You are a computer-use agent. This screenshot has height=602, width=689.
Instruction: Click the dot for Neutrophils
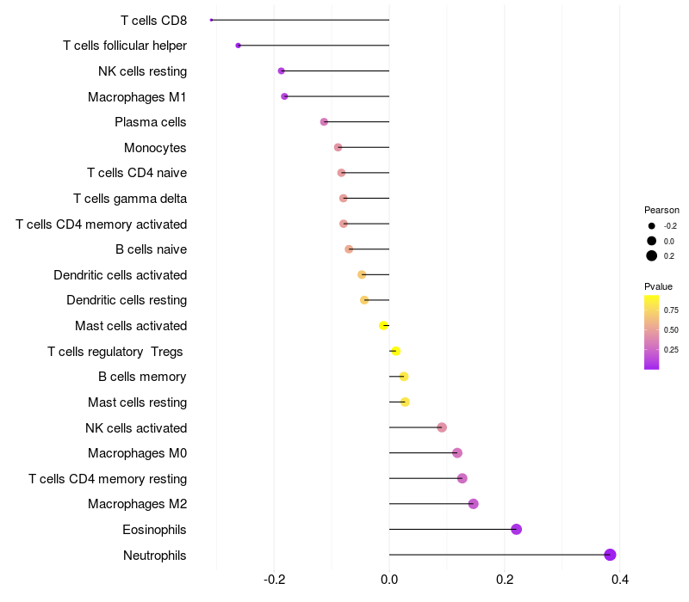point(610,555)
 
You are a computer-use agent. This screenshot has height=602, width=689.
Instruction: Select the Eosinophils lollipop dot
point(517,529)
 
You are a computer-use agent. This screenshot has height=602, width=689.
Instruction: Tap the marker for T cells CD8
point(212,20)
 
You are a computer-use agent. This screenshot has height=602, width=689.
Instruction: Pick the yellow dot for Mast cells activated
point(383,325)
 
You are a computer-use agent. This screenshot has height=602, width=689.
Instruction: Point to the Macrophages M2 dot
point(473,504)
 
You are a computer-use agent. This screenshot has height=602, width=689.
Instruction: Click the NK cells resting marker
point(281,71)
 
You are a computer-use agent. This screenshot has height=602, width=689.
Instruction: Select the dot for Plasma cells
point(324,122)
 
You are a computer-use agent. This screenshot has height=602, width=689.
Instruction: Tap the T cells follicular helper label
point(125,46)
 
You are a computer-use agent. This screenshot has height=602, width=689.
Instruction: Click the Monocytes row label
point(155,148)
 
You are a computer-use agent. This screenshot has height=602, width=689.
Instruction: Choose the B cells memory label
point(142,377)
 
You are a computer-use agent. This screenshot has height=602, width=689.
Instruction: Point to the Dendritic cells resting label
point(127,300)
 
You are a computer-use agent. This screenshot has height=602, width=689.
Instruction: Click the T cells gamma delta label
point(130,199)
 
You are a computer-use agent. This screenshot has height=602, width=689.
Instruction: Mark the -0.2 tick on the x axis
point(274,580)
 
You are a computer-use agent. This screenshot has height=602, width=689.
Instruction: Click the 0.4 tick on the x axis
point(619,580)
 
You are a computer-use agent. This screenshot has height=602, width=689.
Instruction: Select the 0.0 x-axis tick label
point(389,580)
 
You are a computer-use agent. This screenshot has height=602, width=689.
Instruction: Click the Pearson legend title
point(661,210)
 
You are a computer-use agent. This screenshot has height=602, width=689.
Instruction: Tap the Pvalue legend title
point(658,286)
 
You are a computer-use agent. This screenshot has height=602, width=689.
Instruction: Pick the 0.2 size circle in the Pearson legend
point(652,255)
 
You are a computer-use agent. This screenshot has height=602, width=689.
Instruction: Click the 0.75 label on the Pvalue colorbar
point(671,310)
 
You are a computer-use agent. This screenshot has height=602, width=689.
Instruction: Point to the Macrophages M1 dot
point(284,96)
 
